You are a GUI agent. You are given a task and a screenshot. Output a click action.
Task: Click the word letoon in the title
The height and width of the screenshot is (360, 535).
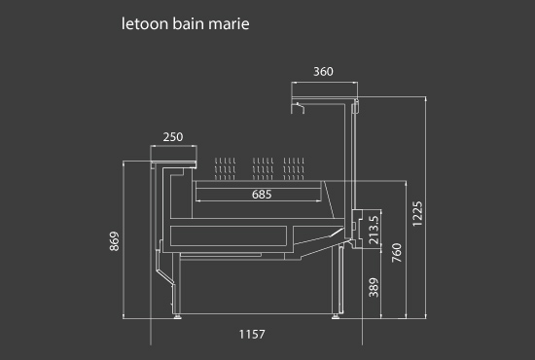tap(145, 24)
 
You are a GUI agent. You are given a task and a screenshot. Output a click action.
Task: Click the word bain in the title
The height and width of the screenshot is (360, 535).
tap(188, 24)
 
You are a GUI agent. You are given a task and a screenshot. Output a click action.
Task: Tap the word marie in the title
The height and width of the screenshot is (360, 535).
tap(229, 24)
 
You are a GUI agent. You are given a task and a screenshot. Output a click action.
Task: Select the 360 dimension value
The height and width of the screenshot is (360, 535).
tap(323, 72)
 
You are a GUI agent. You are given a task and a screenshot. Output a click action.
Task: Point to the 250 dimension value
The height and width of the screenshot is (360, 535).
tap(173, 137)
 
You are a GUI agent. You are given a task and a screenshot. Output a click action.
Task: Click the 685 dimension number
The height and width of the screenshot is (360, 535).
tap(262, 195)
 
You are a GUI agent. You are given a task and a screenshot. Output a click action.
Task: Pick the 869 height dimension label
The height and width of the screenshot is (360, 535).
tap(115, 241)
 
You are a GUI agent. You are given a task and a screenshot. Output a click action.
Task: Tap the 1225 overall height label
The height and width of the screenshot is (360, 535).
tap(417, 214)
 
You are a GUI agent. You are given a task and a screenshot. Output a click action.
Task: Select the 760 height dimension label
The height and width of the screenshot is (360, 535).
tap(397, 253)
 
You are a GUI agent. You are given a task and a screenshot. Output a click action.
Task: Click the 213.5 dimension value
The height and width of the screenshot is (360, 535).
tap(374, 230)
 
